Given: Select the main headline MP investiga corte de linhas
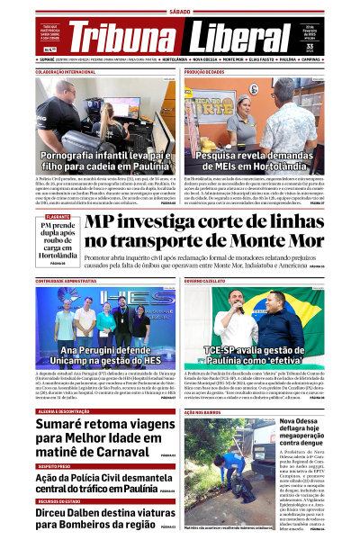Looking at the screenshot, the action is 206,232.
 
